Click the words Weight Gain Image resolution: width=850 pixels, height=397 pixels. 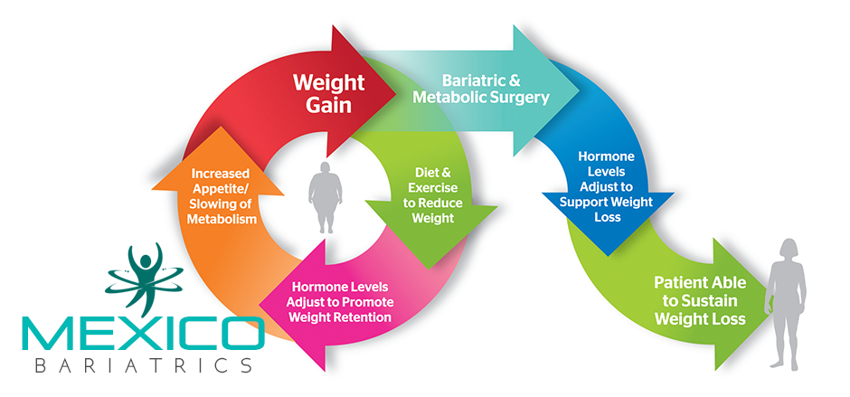[329, 93]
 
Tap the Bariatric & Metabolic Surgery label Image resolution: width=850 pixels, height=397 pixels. [481, 89]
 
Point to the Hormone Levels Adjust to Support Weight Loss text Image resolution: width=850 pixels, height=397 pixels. [607, 186]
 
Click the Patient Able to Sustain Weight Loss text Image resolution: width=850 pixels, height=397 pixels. [700, 300]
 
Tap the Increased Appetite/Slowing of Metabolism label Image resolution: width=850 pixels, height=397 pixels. [222, 196]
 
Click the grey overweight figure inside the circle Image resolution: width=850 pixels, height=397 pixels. [326, 197]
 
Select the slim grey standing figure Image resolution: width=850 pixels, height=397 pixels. [786, 304]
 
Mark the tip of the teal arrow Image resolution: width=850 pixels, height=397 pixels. [580, 90]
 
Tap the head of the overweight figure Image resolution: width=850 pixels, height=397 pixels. [326, 168]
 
